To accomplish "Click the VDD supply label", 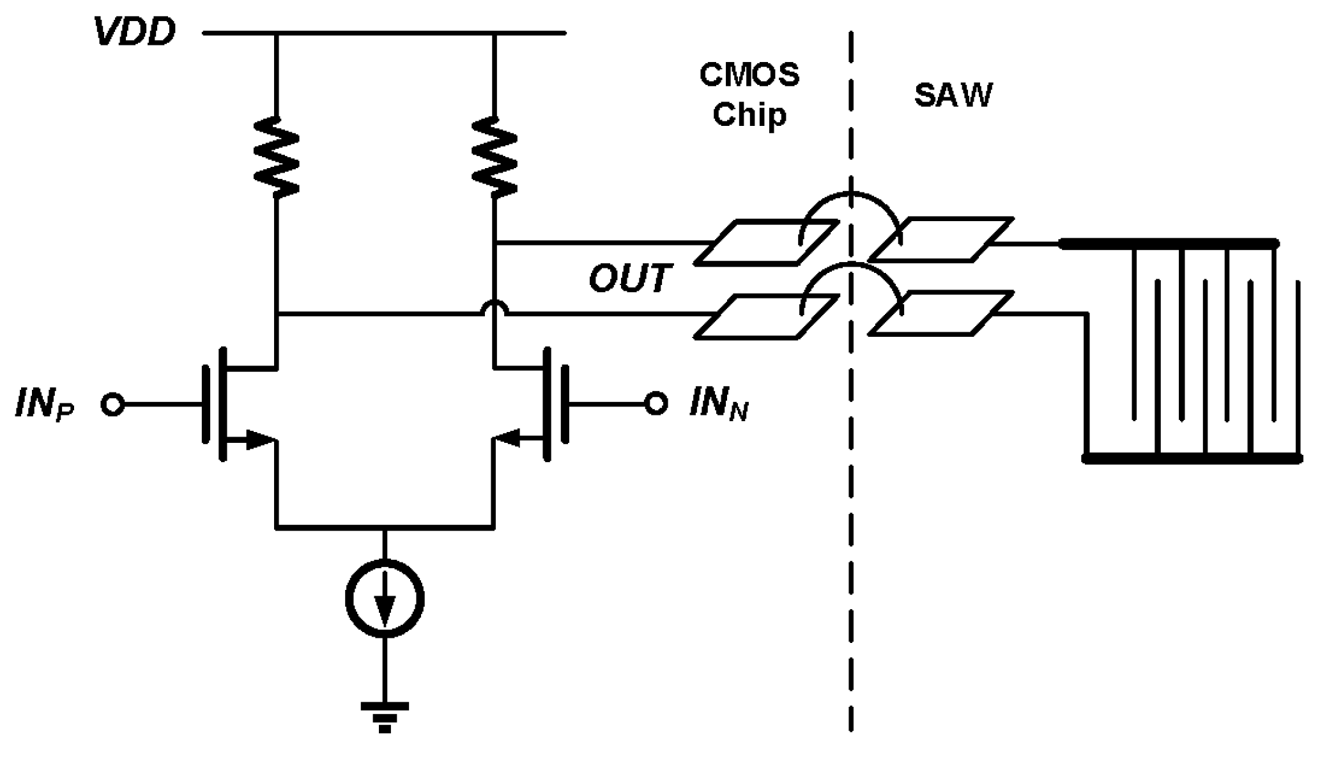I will (x=135, y=32).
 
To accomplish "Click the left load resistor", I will (x=276, y=157).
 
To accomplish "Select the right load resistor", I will (x=495, y=157).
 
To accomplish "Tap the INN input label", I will (x=718, y=405).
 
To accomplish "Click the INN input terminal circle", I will (x=656, y=403).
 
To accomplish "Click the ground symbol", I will (x=385, y=716).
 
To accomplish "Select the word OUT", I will (x=629, y=279).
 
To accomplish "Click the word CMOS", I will (x=749, y=75).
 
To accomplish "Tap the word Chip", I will (x=749, y=115).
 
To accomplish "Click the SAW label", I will (x=953, y=95).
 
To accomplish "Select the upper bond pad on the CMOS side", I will (x=765, y=242).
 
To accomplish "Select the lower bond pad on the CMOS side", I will (x=765, y=316).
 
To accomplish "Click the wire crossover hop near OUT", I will (x=495, y=309).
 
